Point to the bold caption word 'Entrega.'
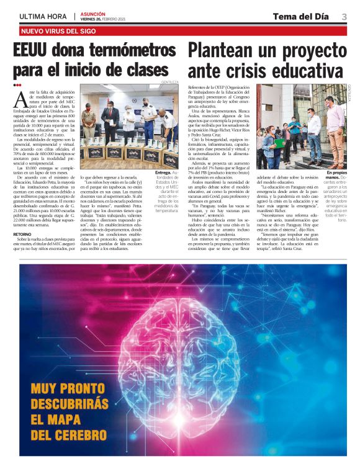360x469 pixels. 163,172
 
